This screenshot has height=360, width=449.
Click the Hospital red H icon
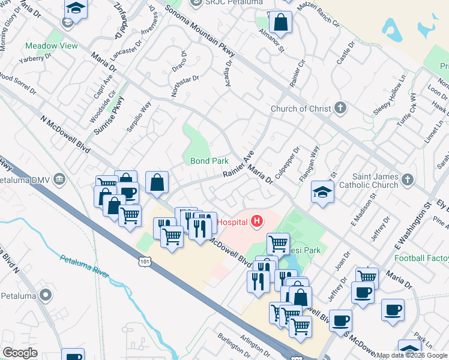tap(257, 221)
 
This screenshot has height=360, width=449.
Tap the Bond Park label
tap(209, 161)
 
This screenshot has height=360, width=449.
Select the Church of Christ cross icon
tap(341, 108)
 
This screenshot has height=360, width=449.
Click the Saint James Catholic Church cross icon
tap(407, 179)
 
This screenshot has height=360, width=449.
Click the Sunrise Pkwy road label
tap(112, 114)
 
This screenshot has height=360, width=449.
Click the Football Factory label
tap(421, 258)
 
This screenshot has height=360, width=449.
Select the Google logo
tap(20, 353)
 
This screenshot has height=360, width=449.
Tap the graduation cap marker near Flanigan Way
tap(322, 193)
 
